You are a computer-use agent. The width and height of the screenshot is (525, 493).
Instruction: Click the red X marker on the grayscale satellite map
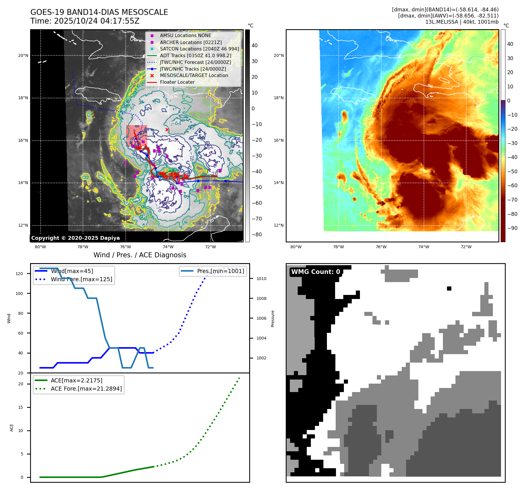pyautogui.click(x=167, y=130)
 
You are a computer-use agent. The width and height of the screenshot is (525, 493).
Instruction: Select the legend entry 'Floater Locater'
pyautogui.click(x=177, y=82)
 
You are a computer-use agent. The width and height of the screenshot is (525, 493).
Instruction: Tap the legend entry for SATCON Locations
pyautogui.click(x=199, y=49)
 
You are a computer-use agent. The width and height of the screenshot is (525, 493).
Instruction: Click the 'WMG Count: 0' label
pyautogui.click(x=316, y=272)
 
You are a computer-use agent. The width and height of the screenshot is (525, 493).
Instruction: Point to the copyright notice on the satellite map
pyautogui.click(x=75, y=238)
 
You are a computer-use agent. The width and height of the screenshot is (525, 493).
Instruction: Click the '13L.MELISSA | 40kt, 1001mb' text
pyautogui.click(x=462, y=22)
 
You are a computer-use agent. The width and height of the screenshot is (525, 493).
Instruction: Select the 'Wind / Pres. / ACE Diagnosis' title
pyautogui.click(x=140, y=255)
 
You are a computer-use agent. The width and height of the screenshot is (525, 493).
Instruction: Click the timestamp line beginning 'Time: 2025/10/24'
pyautogui.click(x=85, y=21)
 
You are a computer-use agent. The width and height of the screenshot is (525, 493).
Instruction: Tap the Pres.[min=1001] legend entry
pyautogui.click(x=220, y=271)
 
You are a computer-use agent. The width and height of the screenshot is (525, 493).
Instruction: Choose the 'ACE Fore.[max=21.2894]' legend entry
pyautogui.click(x=86, y=389)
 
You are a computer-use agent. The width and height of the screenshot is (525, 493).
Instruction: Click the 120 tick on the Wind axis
pyautogui.click(x=19, y=274)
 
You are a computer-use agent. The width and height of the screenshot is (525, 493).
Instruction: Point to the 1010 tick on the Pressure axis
pyautogui.click(x=261, y=279)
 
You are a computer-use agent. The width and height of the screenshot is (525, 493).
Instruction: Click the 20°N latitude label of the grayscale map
pyautogui.click(x=23, y=55)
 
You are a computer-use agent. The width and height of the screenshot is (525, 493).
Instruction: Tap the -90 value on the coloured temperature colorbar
pyautogui.click(x=512, y=228)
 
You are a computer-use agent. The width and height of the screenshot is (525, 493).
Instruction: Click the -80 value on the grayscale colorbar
pyautogui.click(x=257, y=235)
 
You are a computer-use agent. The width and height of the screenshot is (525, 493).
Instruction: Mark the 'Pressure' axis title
pyautogui.click(x=273, y=319)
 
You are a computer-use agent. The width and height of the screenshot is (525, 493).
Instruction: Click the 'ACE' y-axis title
pyautogui.click(x=12, y=428)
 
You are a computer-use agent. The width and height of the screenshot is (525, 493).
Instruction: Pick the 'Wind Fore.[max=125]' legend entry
pyautogui.click(x=81, y=279)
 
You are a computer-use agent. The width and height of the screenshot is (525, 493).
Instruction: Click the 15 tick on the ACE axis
pyautogui.click(x=20, y=407)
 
